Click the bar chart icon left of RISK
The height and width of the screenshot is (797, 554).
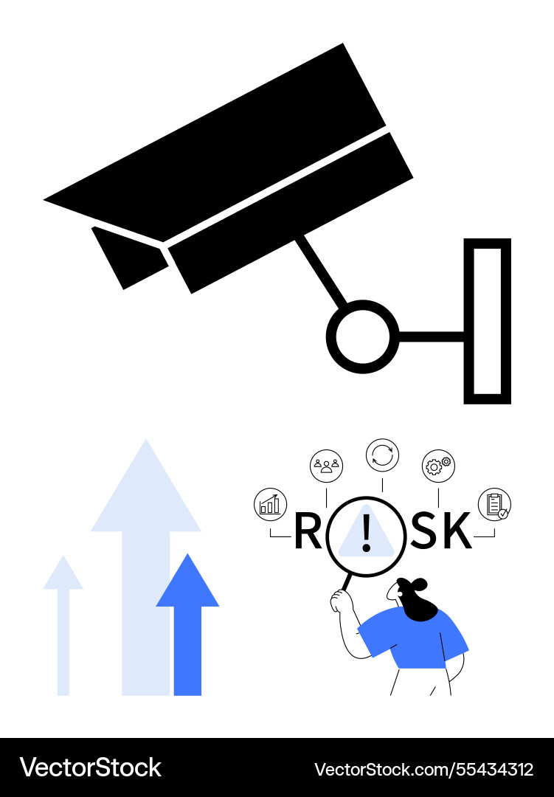point(269,505)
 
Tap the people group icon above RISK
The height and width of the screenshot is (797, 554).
point(326,465)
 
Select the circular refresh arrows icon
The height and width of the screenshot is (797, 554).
point(382,455)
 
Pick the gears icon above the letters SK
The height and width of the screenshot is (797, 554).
point(438,466)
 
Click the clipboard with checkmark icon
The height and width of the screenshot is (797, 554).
point(494,505)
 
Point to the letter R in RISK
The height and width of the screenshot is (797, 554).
point(308,531)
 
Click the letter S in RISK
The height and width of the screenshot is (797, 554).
point(425,531)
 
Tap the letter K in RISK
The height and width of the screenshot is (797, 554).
point(457,531)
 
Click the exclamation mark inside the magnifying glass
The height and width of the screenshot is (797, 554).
point(366,534)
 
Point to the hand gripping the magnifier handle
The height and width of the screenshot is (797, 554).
point(341,601)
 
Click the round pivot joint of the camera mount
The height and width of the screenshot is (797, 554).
point(362,337)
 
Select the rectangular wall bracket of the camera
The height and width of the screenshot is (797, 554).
point(487,321)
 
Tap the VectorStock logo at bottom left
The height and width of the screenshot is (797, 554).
point(90,767)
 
